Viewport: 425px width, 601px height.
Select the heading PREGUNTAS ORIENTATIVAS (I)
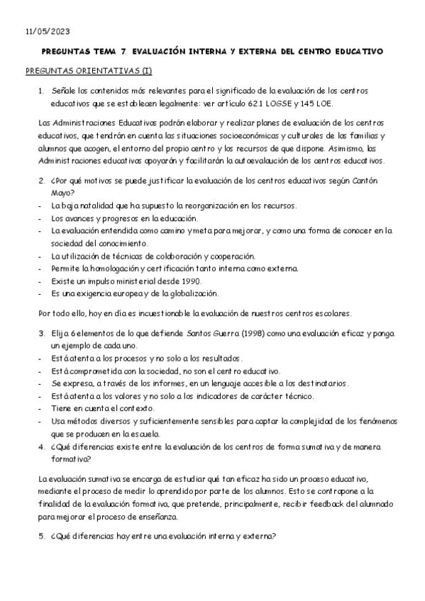pyautogui.click(x=88, y=72)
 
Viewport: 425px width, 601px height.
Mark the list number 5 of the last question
pyautogui.click(x=42, y=536)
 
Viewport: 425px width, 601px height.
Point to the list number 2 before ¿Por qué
pyautogui.click(x=42, y=180)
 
